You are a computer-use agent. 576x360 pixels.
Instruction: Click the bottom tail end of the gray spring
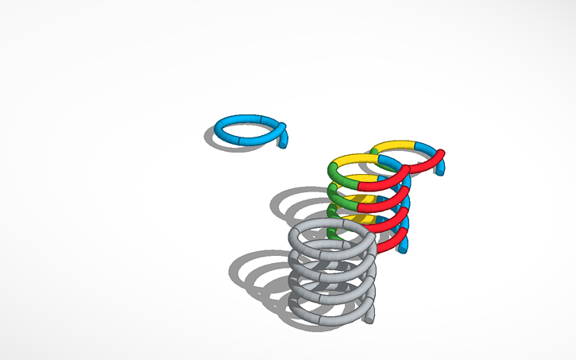(369, 317)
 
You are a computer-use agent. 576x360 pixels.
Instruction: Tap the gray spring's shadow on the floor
(254, 270)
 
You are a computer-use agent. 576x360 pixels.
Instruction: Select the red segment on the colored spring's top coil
(381, 181)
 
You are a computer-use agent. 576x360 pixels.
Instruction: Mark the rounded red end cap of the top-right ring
(440, 153)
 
